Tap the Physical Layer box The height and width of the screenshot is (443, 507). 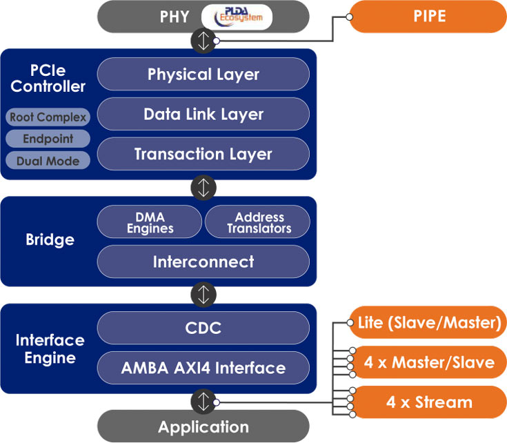(x=203, y=75)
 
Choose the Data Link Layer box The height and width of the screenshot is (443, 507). (x=203, y=115)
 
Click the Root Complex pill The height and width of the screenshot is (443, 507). (x=48, y=117)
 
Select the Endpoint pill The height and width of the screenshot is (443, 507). (x=48, y=139)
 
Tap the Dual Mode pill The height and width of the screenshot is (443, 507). (x=48, y=161)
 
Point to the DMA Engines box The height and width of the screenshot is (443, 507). (x=150, y=222)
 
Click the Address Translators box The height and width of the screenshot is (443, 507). (x=258, y=222)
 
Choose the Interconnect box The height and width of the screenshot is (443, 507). (x=203, y=262)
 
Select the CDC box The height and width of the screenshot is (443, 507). (x=203, y=328)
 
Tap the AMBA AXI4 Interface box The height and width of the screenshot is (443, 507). (x=203, y=368)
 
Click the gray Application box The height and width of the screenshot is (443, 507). (x=203, y=426)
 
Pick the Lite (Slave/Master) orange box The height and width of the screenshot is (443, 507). (x=428, y=322)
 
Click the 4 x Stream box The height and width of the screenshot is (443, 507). (x=429, y=402)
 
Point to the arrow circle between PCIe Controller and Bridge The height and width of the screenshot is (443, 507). (x=203, y=188)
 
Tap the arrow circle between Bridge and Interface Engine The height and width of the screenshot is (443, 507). (x=203, y=295)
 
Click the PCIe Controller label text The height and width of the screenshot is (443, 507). (x=48, y=79)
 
